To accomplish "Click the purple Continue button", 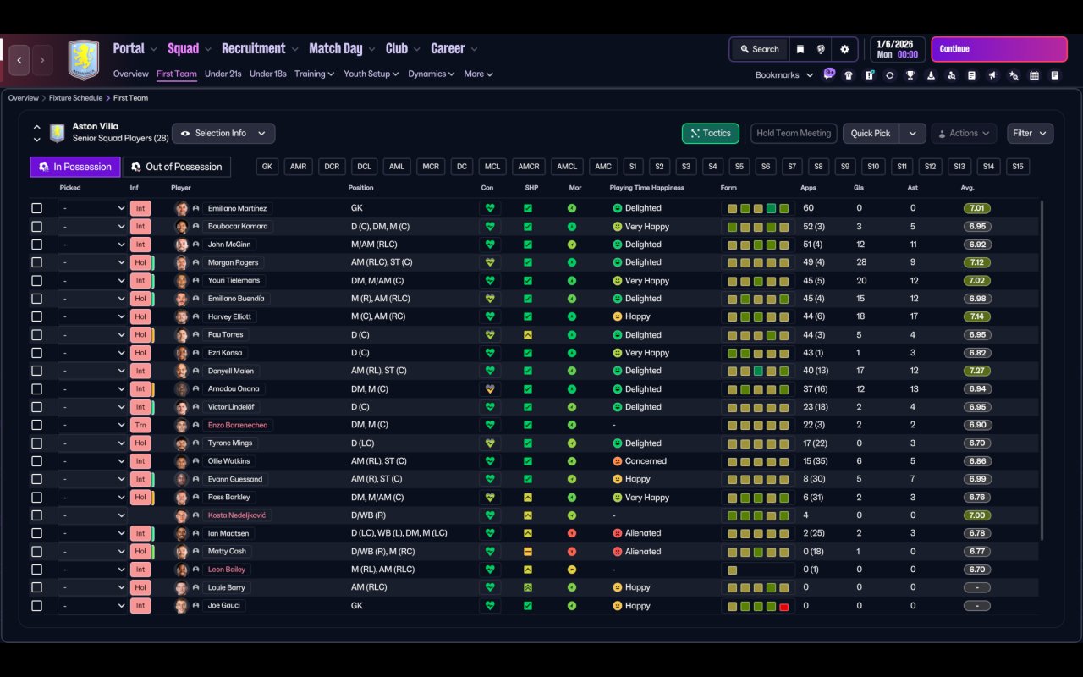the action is [x=999, y=49].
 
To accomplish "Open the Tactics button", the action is [x=710, y=134].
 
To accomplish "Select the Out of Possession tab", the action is [x=177, y=167].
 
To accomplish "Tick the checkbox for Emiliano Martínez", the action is [x=36, y=208].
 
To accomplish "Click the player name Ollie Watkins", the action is [x=228, y=461].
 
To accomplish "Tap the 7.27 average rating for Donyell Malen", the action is [x=976, y=371].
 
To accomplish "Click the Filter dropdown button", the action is [x=1030, y=134].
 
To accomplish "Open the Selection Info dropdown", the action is [x=223, y=134].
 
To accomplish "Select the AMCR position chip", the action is [x=529, y=167].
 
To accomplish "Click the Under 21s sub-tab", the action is [x=223, y=74].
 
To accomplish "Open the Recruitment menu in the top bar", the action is [x=254, y=48].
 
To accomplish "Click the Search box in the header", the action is [x=760, y=49].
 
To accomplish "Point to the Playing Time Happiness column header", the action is [x=646, y=188].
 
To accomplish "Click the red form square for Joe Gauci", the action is [x=783, y=607].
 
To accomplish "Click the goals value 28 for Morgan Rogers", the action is [x=861, y=262].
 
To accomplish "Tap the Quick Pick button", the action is [x=871, y=134].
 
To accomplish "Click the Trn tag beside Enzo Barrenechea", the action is [x=140, y=425].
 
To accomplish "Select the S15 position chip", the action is [x=1018, y=167].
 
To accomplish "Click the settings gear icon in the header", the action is [x=844, y=49].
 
